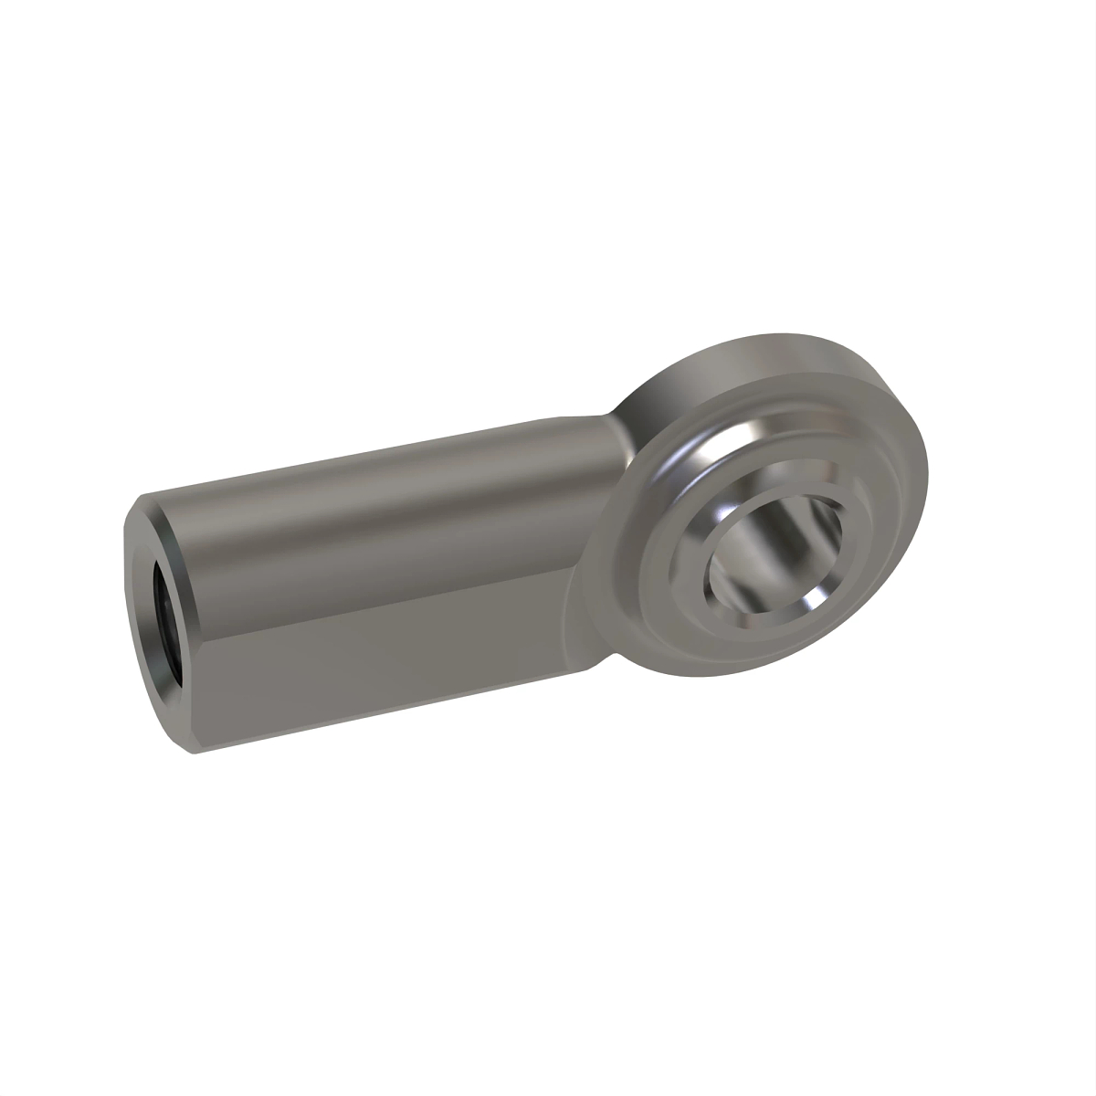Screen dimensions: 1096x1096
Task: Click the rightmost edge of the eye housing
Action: coord(930,484)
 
